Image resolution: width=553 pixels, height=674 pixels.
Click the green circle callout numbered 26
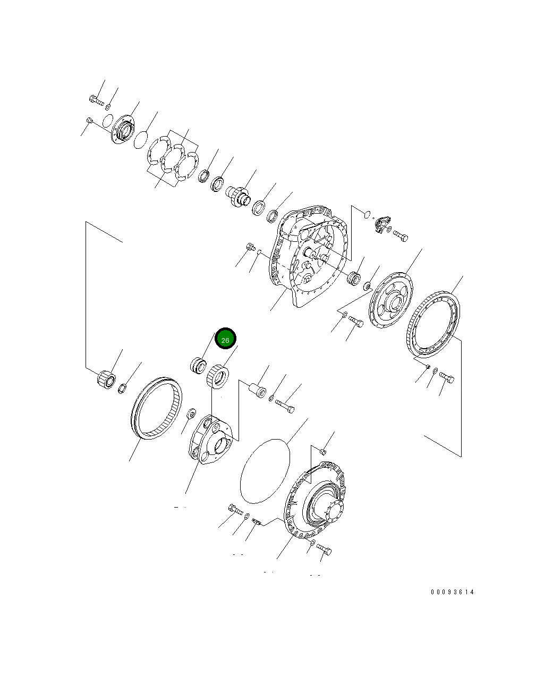[x=225, y=339]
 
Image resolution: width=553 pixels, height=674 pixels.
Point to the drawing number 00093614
[x=453, y=592]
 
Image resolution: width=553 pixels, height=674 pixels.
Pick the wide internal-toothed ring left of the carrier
[x=156, y=408]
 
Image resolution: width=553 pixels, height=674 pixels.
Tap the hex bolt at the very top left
[x=96, y=99]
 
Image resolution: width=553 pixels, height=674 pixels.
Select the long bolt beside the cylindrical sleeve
[x=285, y=406]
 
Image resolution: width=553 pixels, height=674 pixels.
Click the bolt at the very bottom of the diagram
[x=324, y=549]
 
